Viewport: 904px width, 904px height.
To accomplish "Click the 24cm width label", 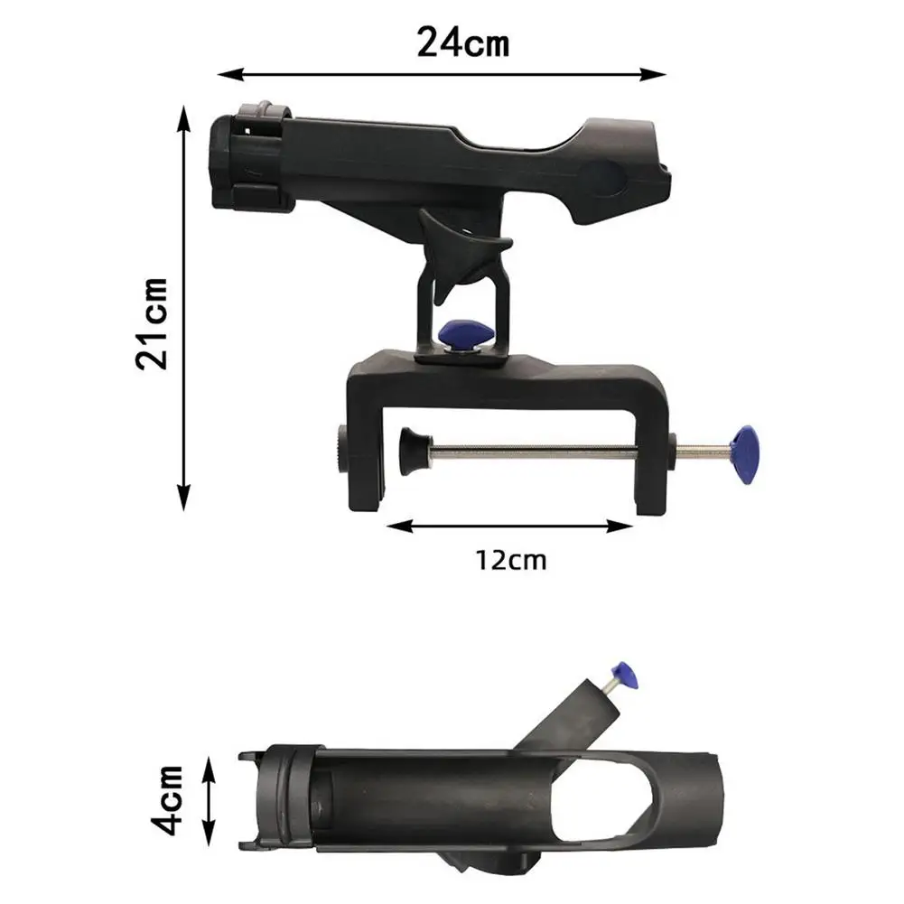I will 462,42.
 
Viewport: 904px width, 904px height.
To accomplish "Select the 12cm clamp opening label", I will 510,560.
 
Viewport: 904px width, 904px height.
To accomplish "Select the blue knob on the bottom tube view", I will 625,673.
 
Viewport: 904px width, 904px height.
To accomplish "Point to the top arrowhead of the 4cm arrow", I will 210,765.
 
